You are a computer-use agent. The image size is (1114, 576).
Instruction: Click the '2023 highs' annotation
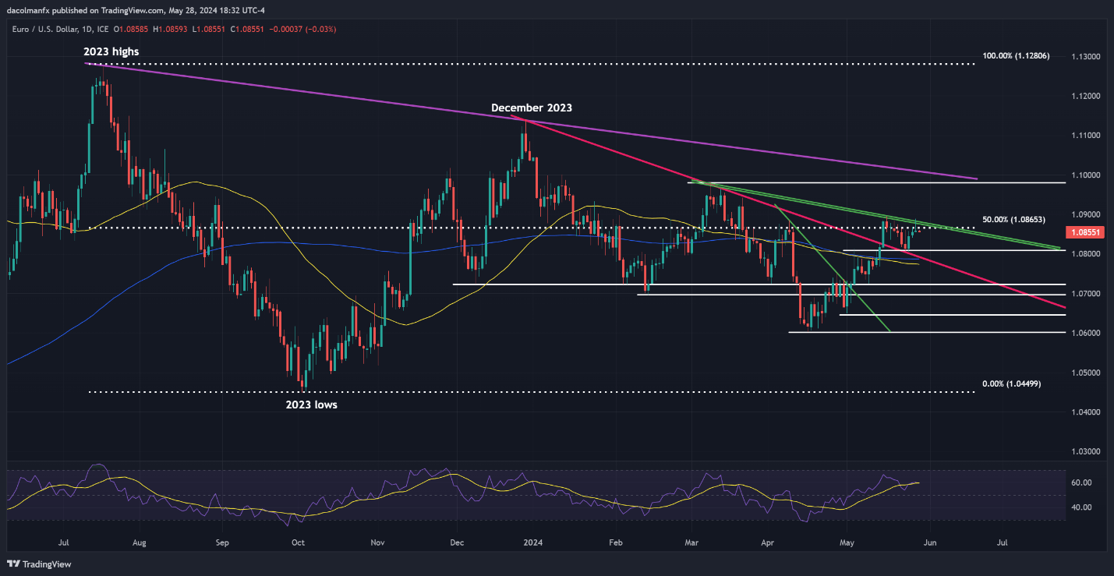click(x=111, y=51)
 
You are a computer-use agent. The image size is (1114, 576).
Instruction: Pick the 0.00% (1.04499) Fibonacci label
click(x=1011, y=384)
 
